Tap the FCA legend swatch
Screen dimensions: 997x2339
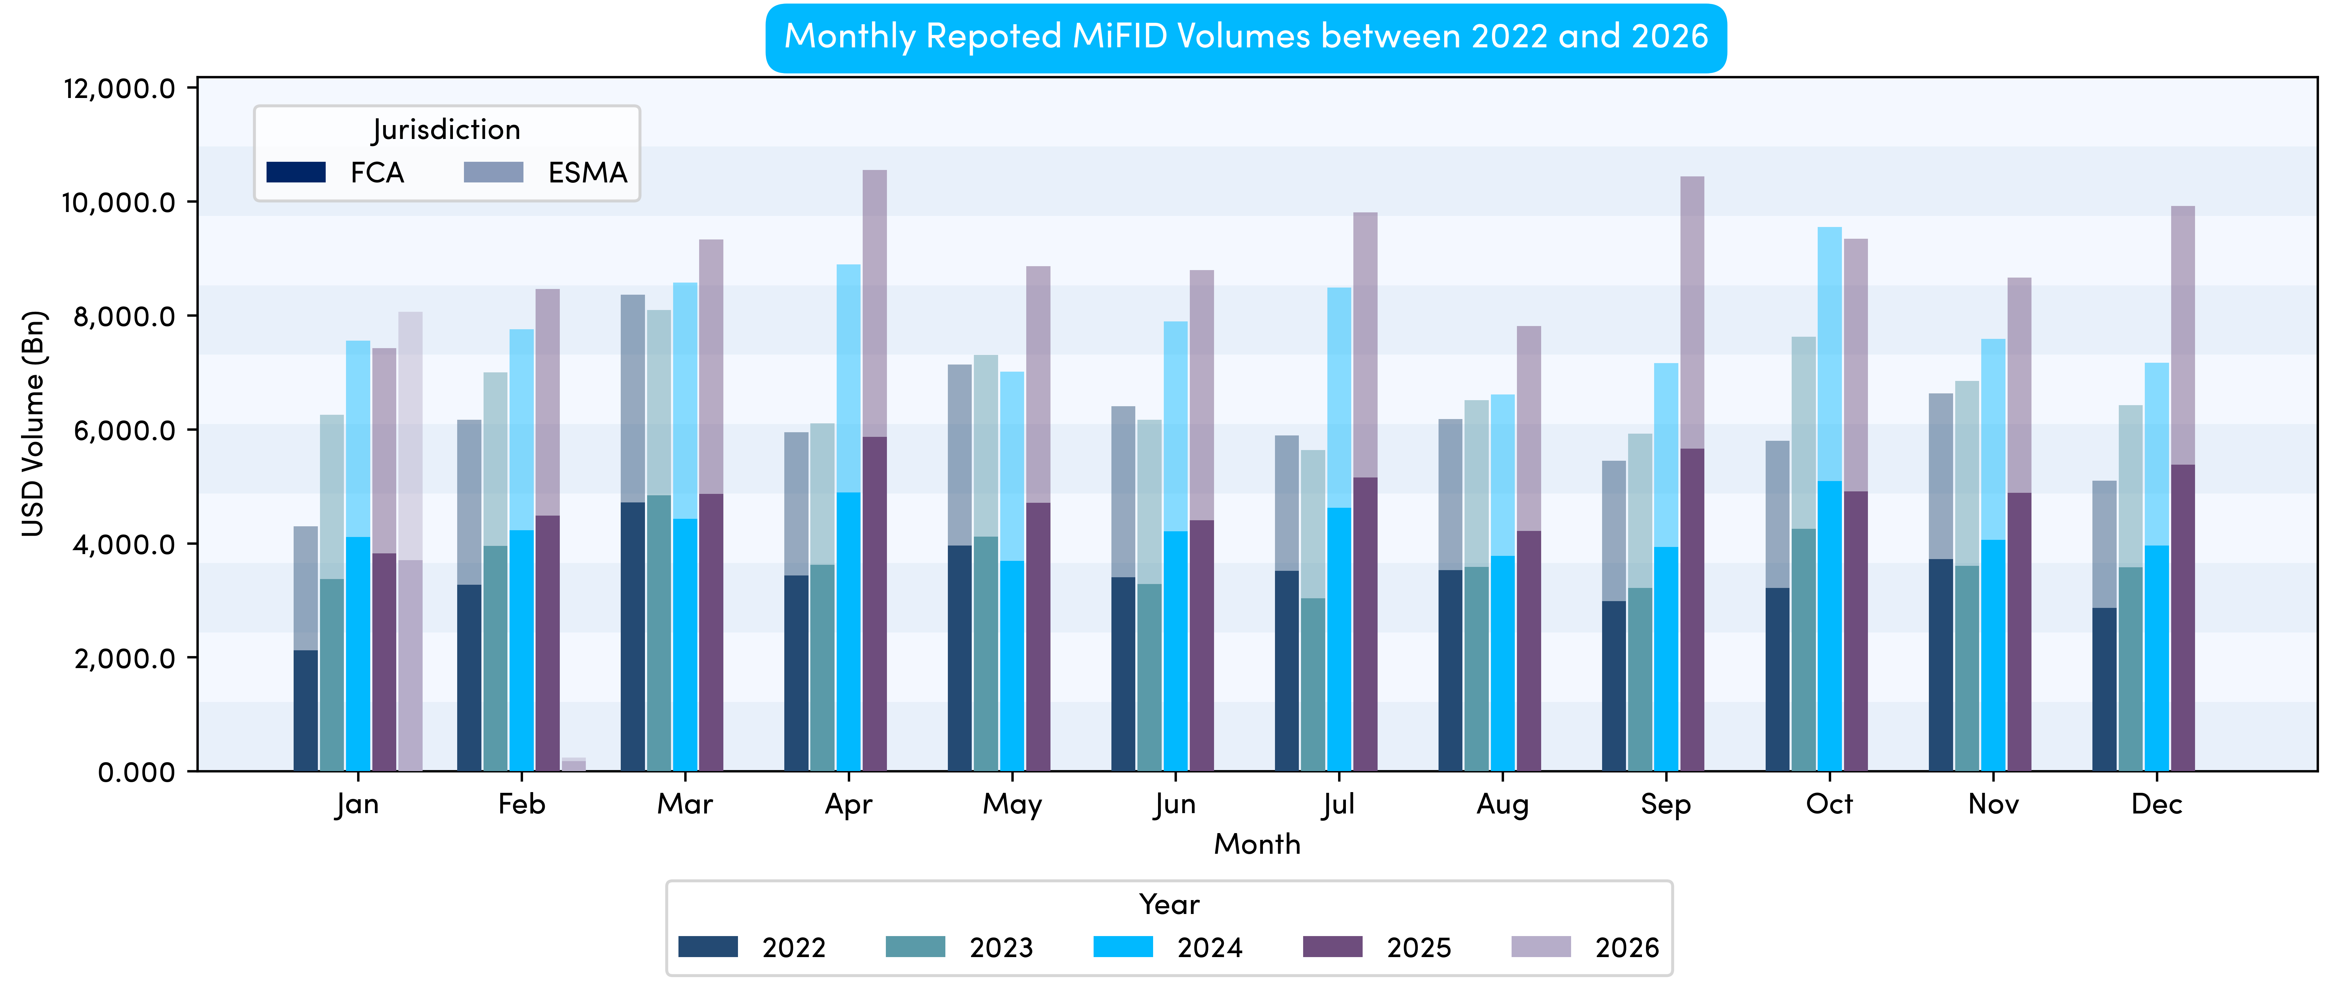296,172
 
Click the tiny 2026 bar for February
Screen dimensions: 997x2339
574,765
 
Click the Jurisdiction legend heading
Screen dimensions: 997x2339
446,130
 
